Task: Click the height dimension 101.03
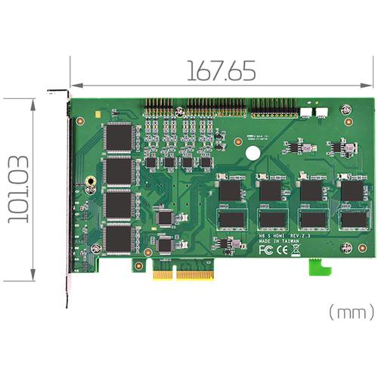[x=19, y=189]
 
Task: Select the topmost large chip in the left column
[x=119, y=137]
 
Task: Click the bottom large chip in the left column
[x=119, y=238]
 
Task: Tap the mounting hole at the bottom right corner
[x=345, y=246]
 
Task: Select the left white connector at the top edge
[x=306, y=111]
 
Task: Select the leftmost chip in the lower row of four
[x=231, y=219]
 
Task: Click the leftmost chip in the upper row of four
[x=231, y=190]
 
